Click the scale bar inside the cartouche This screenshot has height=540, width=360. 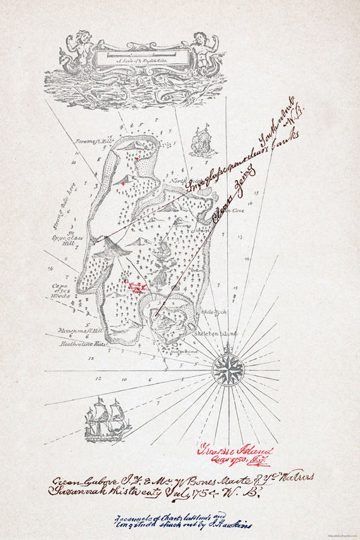(143, 53)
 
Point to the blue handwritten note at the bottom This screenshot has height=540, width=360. (184, 518)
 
